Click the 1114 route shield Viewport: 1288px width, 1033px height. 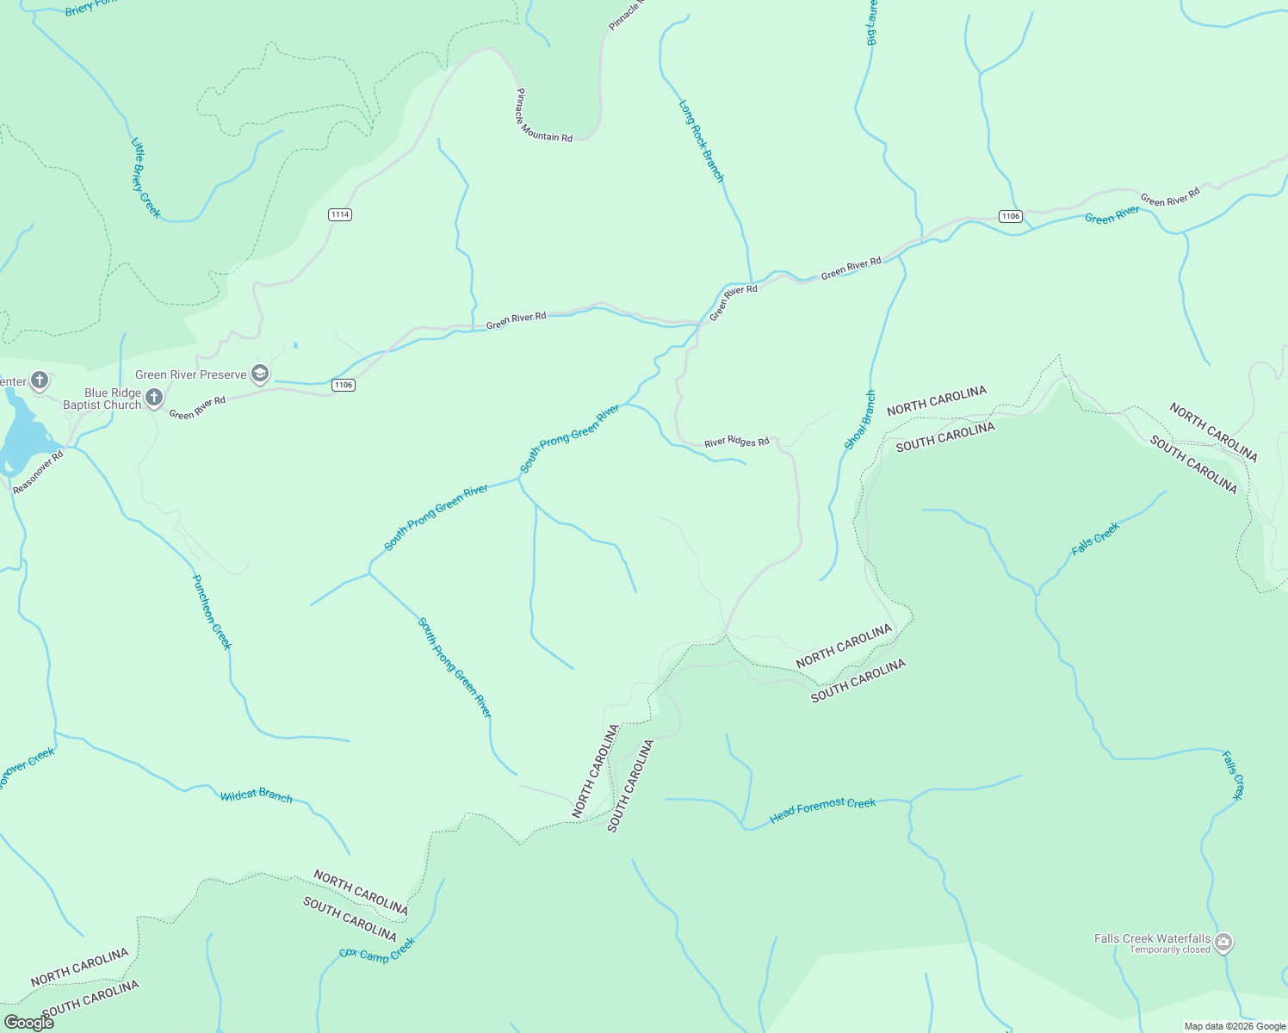click(340, 214)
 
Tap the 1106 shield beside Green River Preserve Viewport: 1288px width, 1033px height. click(344, 385)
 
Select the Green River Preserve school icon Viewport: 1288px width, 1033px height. click(260, 374)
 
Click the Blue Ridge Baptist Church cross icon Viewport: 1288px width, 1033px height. click(154, 397)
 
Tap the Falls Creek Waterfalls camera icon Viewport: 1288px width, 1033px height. click(1223, 943)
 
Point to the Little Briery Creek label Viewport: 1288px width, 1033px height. click(146, 177)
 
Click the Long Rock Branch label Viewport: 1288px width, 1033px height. click(702, 142)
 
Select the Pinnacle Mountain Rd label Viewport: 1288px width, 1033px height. click(544, 115)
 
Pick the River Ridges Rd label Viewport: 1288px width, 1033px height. click(736, 442)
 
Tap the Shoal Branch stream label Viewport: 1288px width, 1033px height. click(859, 420)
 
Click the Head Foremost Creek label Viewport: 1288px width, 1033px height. click(822, 809)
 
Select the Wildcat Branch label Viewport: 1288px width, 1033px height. click(257, 796)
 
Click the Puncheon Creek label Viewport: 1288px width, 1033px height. click(212, 612)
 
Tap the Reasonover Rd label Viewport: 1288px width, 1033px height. click(39, 473)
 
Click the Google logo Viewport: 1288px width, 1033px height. click(29, 1023)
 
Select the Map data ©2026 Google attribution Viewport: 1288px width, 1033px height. click(1235, 1026)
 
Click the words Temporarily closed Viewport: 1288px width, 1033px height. click(1169, 950)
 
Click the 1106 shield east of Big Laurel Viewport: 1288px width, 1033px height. click(1011, 216)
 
